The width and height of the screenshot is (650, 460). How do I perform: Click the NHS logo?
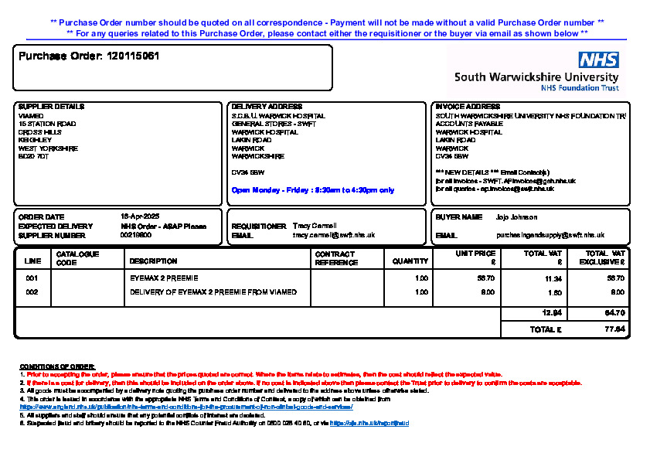pyautogui.click(x=599, y=60)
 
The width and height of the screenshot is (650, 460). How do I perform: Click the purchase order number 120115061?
pyautogui.click(x=133, y=56)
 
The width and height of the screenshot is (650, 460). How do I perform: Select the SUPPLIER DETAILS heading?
pyautogui.click(x=51, y=107)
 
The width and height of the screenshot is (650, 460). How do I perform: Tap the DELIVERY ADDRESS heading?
pyautogui.click(x=267, y=107)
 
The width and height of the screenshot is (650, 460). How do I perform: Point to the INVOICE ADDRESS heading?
pyautogui.click(x=468, y=107)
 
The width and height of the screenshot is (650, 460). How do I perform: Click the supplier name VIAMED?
pyautogui.click(x=30, y=116)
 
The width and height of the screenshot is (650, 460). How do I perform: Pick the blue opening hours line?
pyautogui.click(x=312, y=189)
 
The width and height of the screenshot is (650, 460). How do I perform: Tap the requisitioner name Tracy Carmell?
pyautogui.click(x=315, y=226)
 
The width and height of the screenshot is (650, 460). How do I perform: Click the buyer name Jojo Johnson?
pyautogui.click(x=517, y=217)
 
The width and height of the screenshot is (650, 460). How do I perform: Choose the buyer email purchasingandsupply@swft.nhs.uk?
pyautogui.click(x=550, y=235)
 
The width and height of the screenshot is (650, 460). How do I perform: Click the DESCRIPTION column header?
pyautogui.click(x=153, y=261)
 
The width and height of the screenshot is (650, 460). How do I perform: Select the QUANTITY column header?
pyautogui.click(x=410, y=261)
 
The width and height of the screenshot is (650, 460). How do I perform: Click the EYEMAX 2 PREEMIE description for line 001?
pyautogui.click(x=164, y=278)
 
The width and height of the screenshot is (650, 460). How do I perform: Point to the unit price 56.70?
pyautogui.click(x=486, y=278)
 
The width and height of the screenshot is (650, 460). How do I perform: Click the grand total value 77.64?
pyautogui.click(x=615, y=329)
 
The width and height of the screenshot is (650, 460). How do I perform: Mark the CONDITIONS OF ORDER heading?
pyautogui.click(x=57, y=366)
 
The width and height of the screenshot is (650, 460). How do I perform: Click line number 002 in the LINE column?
pyautogui.click(x=32, y=292)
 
